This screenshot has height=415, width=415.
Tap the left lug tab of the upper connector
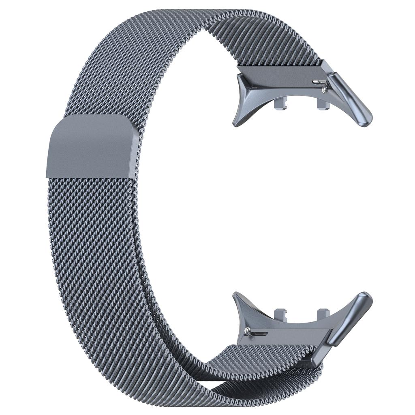[x=280, y=103]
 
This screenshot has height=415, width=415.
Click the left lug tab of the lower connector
[x=280, y=314]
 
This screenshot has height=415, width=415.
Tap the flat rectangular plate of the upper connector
[x=284, y=76]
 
